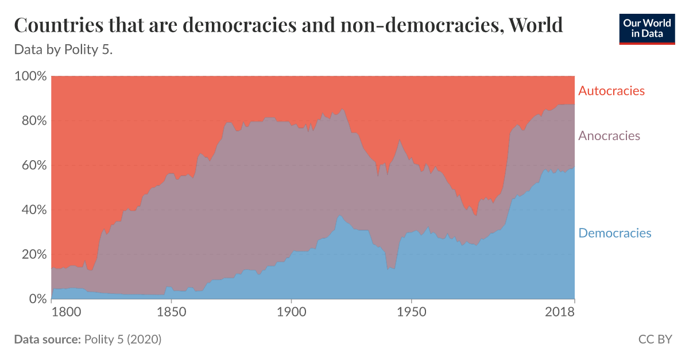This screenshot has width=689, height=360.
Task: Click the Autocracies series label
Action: pyautogui.click(x=611, y=91)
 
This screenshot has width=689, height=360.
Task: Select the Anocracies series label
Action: pyautogui.click(x=609, y=136)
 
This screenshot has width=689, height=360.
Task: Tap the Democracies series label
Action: pyautogui.click(x=615, y=233)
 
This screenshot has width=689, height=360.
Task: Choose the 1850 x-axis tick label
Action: pyautogui.click(x=171, y=313)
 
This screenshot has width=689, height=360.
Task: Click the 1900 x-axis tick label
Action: pyautogui.click(x=291, y=313)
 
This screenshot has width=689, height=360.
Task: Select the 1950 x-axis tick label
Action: pyautogui.click(x=411, y=313)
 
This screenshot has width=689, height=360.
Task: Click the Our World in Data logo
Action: pyautogui.click(x=647, y=28)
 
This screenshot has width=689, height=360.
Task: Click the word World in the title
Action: pyautogui.click(x=535, y=26)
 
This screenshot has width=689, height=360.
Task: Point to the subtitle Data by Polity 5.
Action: pyautogui.click(x=63, y=50)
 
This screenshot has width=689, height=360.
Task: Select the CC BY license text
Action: pyautogui.click(x=655, y=339)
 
